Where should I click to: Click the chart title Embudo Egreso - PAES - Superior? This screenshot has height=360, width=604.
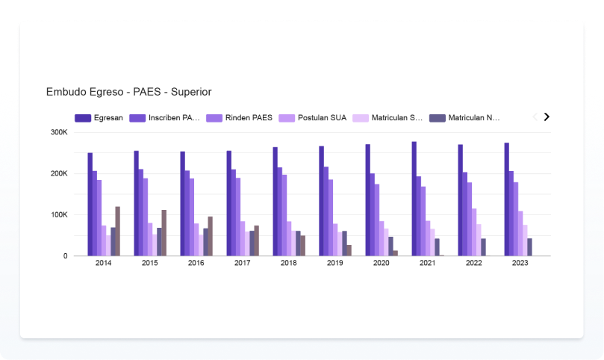point(128,92)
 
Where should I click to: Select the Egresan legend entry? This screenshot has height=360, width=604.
point(101,118)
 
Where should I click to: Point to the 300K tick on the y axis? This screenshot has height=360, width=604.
point(59,132)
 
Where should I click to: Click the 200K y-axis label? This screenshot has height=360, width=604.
point(59,173)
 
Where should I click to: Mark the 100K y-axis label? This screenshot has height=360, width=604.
point(59,215)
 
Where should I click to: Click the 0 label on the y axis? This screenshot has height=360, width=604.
point(65,256)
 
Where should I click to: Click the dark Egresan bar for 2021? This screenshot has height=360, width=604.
point(414,199)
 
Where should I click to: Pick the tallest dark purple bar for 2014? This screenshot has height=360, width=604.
point(90,205)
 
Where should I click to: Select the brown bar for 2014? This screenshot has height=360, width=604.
point(118,232)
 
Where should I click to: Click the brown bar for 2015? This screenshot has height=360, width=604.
point(164,233)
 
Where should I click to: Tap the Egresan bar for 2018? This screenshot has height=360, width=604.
point(275,202)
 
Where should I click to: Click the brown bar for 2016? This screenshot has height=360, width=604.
point(211,236)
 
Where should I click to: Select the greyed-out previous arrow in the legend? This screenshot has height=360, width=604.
point(534,117)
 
